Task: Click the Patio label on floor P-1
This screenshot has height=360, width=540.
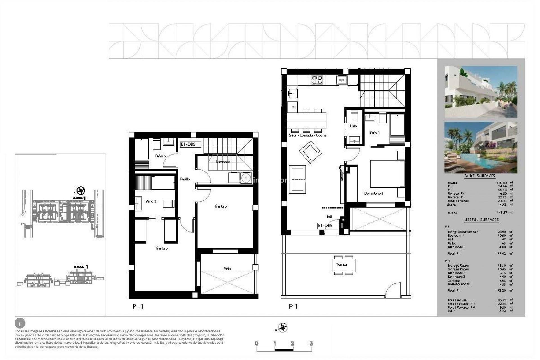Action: pos(227,269)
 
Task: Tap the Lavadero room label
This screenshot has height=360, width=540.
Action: pos(223,161)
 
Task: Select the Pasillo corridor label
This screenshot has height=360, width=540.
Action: pos(185,179)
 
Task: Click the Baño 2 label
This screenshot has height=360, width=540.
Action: pos(151,201)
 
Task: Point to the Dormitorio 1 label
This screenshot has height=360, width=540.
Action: pos(373,193)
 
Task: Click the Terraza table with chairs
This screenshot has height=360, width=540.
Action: pos(343,265)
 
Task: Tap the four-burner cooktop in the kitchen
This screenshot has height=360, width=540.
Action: pos(317,80)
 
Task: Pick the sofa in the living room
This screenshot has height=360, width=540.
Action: pos(297,179)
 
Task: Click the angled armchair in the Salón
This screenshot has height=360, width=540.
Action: pos(310,152)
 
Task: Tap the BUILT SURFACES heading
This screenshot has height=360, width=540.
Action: pos(480,176)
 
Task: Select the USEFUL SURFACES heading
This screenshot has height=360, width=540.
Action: pos(481,220)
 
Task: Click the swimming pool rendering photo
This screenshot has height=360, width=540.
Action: pos(481,147)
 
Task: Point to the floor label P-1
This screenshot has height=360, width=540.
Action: pos(138,307)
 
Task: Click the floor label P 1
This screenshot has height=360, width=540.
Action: pos(293,307)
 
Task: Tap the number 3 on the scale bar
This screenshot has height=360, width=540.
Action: pos(311,343)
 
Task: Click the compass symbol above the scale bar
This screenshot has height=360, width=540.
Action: pos(282,328)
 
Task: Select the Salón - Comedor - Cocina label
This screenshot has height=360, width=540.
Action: pos(308,135)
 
